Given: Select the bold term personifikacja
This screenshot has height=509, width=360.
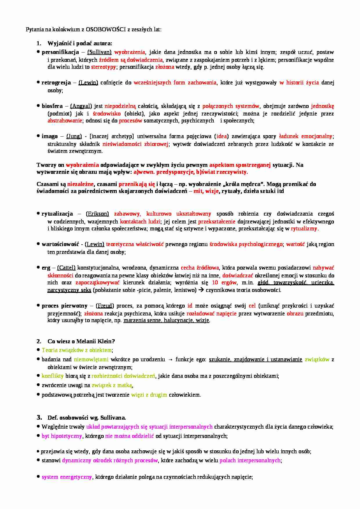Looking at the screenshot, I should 60,52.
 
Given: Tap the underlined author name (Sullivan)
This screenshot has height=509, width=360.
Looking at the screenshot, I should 99,52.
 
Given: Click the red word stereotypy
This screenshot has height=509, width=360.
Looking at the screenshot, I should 103,67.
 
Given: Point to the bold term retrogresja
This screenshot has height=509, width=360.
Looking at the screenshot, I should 56,83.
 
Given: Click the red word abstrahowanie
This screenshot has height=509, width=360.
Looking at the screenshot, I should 65,121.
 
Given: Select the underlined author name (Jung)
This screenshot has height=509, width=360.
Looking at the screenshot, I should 74,136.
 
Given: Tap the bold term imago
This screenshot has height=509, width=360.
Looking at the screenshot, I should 50,136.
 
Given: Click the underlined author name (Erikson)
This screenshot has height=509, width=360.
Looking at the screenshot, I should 98,214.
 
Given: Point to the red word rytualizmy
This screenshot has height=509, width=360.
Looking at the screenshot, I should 304,229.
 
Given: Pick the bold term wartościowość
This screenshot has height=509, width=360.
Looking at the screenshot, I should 60,244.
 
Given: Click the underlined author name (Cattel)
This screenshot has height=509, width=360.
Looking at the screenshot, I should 66,268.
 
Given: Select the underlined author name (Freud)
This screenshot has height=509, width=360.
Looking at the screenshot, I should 105,306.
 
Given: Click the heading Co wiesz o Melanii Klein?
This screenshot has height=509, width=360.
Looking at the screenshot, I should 81,341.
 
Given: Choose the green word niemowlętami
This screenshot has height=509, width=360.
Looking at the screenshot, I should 91,360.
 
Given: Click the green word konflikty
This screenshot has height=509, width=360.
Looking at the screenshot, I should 52,376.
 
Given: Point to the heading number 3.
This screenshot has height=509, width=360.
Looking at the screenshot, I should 39,418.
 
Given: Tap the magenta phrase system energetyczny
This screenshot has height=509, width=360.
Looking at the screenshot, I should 66,477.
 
